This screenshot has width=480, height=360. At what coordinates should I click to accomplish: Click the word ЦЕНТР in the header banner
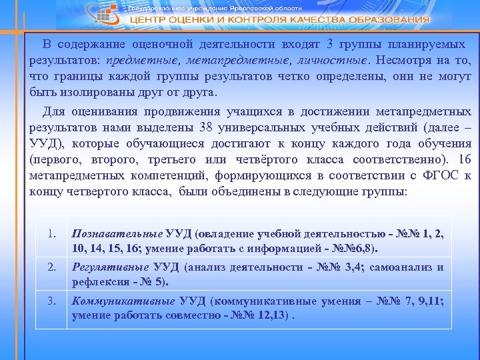pyautogui.click(x=147, y=19)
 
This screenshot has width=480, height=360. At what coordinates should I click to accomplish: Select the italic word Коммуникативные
pyautogui.click(x=121, y=301)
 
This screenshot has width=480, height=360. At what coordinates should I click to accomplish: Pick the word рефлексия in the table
pyautogui.click(x=98, y=282)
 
